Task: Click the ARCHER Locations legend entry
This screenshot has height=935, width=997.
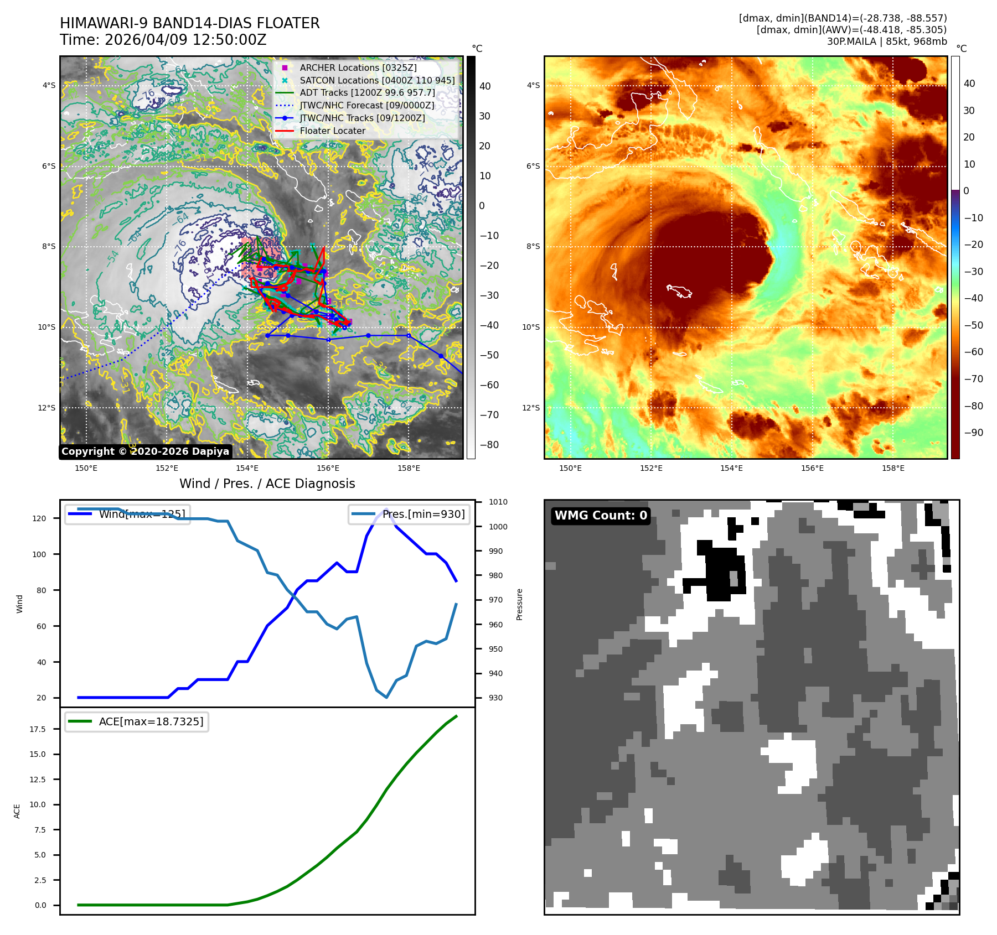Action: click(358, 67)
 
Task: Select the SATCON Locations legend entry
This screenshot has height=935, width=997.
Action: click(376, 80)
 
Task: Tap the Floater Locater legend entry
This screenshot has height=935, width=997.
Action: click(332, 131)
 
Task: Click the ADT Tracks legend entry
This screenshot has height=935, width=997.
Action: click(367, 93)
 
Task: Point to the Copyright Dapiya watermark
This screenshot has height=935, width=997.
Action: click(145, 451)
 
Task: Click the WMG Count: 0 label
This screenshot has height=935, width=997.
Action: click(601, 516)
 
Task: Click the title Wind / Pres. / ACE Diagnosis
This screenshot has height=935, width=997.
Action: click(267, 484)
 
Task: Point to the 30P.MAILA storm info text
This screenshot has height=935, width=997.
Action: click(886, 41)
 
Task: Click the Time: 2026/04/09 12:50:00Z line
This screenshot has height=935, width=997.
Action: click(163, 40)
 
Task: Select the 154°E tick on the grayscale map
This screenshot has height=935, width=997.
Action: click(247, 468)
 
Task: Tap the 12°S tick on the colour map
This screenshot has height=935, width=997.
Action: click(530, 408)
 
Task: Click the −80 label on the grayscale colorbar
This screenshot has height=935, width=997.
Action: click(489, 445)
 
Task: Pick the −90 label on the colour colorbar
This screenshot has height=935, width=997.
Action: click(973, 433)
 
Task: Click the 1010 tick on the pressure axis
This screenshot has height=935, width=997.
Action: click(498, 502)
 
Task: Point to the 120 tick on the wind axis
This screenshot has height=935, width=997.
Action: click(39, 518)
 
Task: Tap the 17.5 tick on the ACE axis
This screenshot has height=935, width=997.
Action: click(38, 729)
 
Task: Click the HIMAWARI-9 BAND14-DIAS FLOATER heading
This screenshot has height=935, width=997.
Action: click(189, 23)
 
